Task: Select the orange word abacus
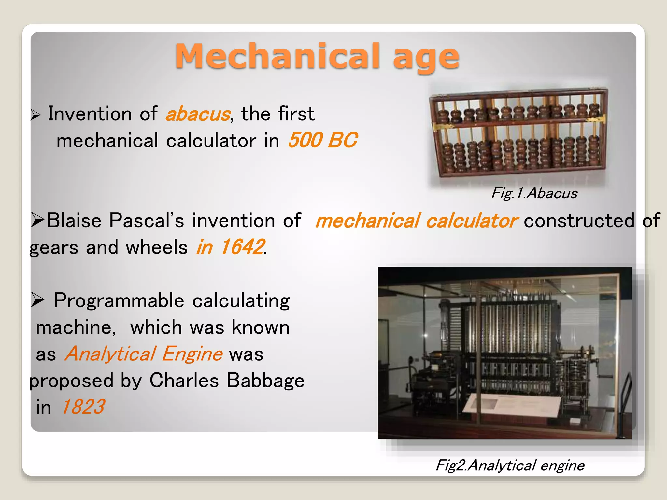tap(198, 114)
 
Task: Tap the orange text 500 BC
tap(322, 140)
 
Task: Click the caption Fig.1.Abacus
tap(534, 193)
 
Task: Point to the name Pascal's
tap(147, 220)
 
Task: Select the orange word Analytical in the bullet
tap(110, 354)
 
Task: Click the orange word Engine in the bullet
tap(192, 354)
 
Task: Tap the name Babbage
tap(265, 380)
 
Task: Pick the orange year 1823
tap(83, 407)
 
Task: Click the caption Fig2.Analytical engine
tap(510, 465)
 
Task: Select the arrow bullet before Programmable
tap(37, 300)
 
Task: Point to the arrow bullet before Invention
tap(35, 115)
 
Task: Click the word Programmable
tap(119, 301)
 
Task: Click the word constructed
tap(579, 220)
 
